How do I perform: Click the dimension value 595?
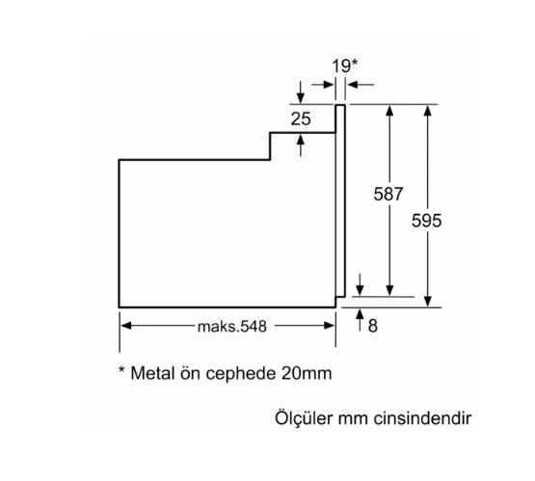[427, 221]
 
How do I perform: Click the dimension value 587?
[388, 193]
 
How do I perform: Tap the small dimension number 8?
[372, 326]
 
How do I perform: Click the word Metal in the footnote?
[152, 371]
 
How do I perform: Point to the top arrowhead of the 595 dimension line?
[427, 109]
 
